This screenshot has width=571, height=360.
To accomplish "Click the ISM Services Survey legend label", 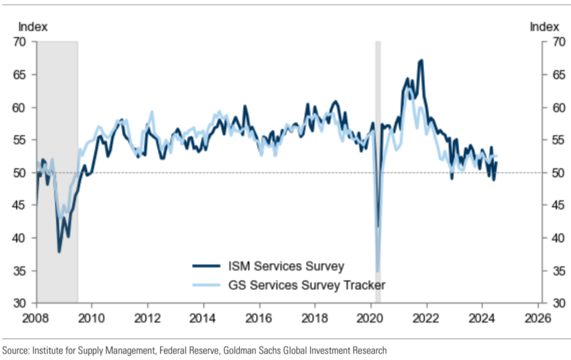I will point(286,266).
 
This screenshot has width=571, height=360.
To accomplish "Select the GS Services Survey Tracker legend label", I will point(306,285).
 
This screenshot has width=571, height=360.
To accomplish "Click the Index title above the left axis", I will point(33,27).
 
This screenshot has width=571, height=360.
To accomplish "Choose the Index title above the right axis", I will point(544,27).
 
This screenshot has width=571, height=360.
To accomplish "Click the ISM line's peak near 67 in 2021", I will point(421,60).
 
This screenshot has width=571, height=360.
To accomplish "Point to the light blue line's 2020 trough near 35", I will point(378,271).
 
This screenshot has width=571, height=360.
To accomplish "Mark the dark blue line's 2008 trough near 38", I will point(59,252).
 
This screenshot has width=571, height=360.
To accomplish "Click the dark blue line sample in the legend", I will point(206,266).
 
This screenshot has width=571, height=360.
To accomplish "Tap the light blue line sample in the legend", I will point(206,285).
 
